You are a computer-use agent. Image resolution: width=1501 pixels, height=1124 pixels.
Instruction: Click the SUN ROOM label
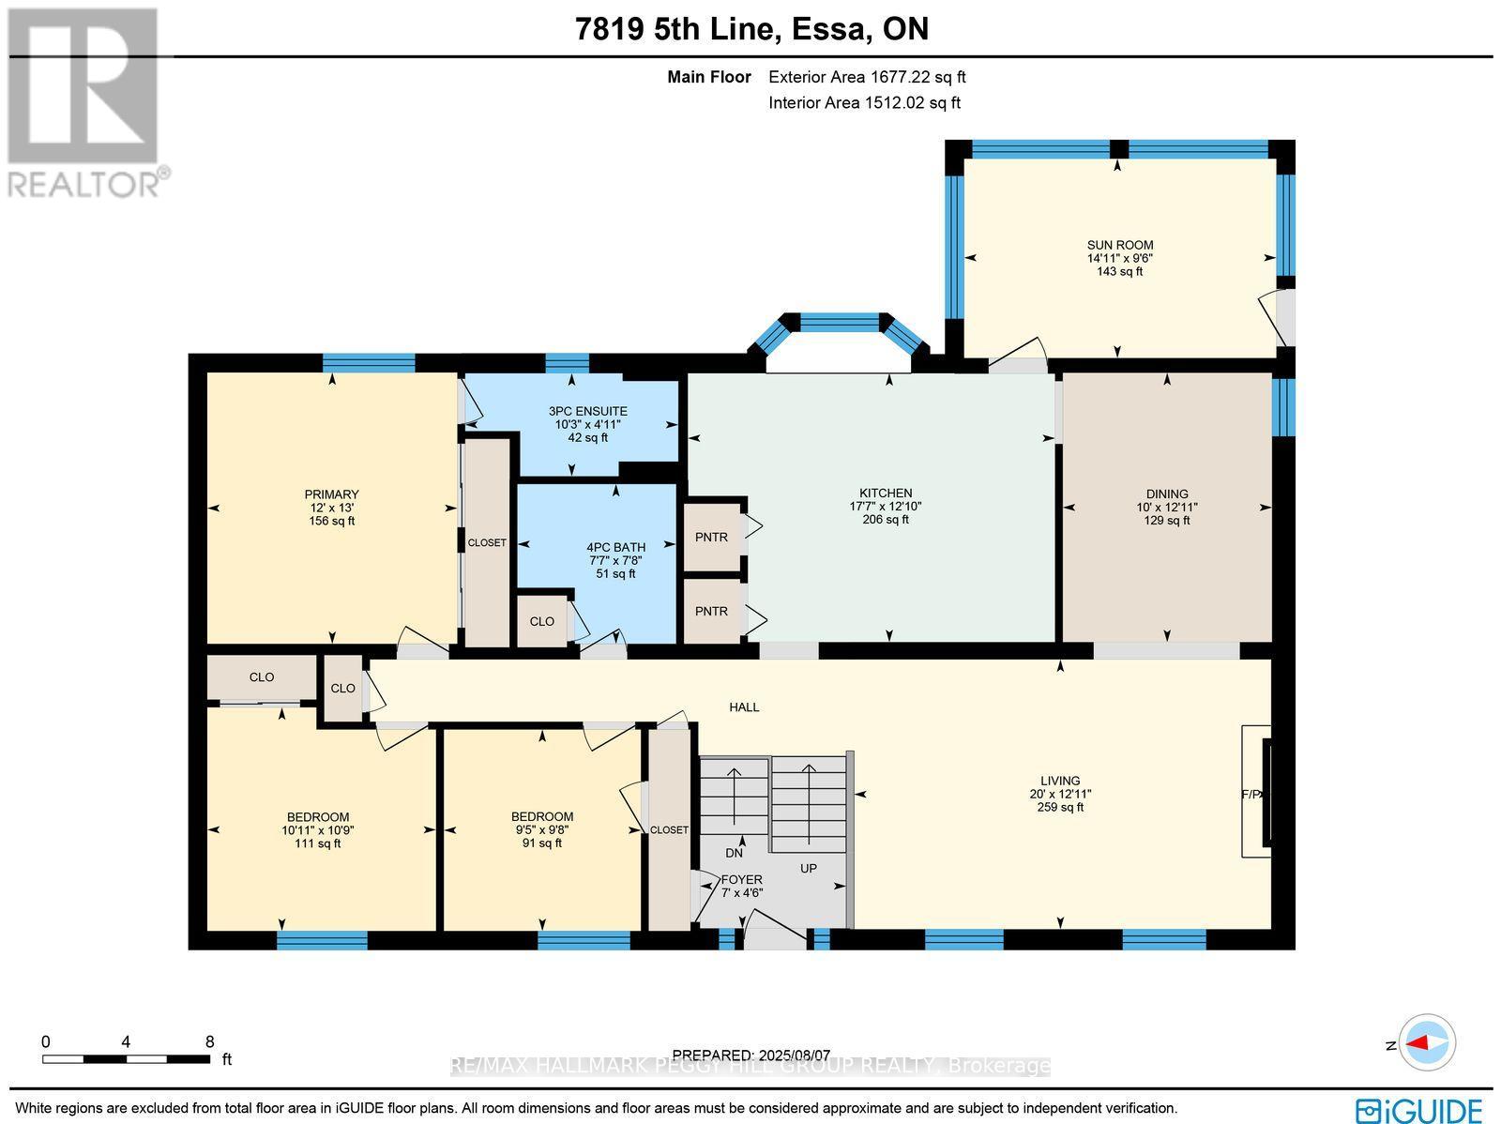1120,245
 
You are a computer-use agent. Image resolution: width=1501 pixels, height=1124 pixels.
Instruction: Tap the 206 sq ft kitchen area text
886,520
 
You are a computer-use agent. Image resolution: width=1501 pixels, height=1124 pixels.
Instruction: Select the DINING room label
1167,494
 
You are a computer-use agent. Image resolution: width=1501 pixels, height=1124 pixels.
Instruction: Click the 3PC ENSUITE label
588,411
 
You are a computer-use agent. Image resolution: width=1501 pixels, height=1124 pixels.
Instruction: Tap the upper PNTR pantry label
711,537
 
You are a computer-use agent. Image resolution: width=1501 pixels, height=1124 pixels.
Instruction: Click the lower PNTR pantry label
711,612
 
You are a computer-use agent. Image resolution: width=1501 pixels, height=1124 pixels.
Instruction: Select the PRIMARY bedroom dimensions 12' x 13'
331,508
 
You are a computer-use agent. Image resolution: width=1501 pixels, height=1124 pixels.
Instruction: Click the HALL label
745,706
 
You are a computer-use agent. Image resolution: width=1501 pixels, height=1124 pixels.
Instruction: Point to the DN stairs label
734,853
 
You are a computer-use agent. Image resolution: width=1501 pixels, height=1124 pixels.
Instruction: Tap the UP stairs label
809,868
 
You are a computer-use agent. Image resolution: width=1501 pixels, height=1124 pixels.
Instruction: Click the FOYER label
741,879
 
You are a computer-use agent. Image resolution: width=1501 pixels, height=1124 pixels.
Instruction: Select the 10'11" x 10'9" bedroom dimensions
318,830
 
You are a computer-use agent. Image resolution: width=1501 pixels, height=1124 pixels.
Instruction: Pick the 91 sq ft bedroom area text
542,843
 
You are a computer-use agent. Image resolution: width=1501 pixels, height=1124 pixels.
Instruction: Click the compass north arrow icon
1426,1042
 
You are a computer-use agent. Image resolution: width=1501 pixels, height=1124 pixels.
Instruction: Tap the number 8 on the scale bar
210,1041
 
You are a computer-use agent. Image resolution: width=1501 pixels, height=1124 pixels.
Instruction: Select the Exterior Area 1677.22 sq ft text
867,78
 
